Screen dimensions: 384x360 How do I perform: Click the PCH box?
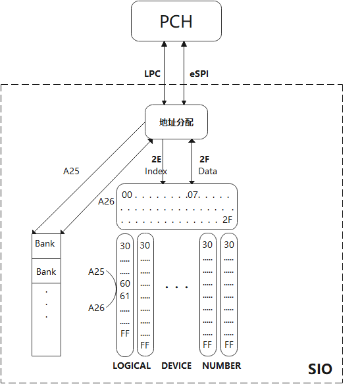(x=176, y=21)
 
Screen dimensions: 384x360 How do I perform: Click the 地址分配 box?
(x=176, y=122)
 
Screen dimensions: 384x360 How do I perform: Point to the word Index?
(x=157, y=171)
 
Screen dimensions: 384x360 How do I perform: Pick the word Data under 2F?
(x=207, y=171)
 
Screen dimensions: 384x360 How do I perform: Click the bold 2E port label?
(x=157, y=160)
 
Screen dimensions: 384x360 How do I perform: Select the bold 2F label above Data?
(x=204, y=160)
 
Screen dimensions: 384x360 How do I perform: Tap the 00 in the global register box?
(x=128, y=195)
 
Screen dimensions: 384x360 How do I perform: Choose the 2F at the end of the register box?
(x=228, y=219)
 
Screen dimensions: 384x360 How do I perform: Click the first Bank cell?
(x=46, y=244)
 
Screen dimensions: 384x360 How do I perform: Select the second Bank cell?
(x=46, y=272)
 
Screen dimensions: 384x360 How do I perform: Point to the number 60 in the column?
(x=125, y=283)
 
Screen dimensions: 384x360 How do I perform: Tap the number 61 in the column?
(x=125, y=295)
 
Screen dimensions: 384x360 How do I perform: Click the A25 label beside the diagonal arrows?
(x=71, y=171)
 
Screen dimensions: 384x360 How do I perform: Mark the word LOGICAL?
(x=132, y=366)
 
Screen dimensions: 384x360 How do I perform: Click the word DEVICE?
(x=176, y=366)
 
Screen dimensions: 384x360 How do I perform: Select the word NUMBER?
(x=221, y=366)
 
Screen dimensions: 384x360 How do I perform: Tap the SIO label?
(x=321, y=369)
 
